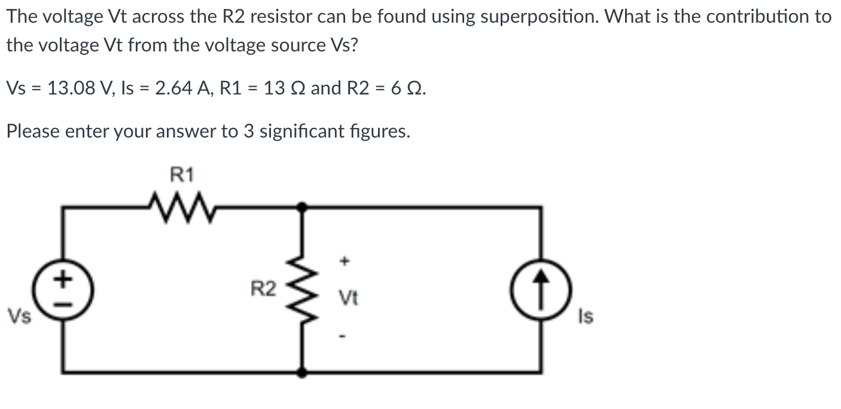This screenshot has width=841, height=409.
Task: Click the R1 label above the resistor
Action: tap(182, 175)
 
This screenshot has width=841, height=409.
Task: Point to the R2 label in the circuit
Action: tap(263, 291)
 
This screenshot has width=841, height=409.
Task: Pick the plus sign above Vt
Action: tap(343, 261)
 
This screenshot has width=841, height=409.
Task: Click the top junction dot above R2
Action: tap(304, 207)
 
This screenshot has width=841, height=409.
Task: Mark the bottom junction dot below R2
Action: tap(304, 373)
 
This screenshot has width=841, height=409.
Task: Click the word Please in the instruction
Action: tap(33, 131)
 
